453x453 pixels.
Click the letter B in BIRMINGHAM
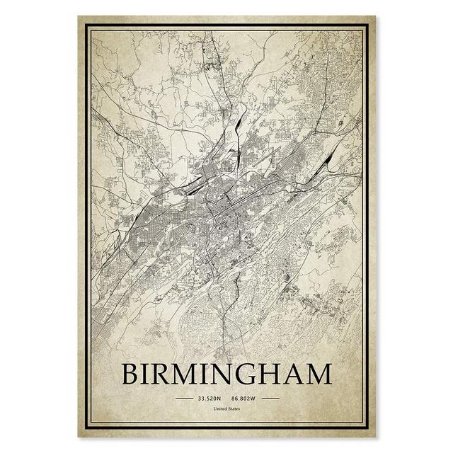pos(133,374)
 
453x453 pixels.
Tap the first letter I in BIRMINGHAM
pos(149,374)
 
